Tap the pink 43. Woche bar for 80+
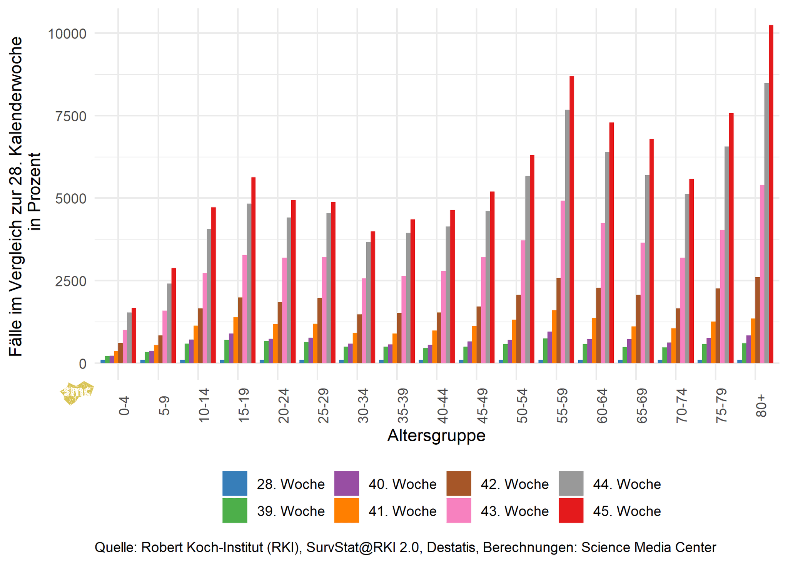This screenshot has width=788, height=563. pos(762,274)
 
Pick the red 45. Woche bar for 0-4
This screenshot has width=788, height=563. pos(134,335)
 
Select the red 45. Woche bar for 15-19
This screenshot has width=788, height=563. pos(254,270)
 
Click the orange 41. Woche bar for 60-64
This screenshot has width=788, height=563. pos(594,340)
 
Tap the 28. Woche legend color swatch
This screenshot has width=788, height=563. pos(235,483)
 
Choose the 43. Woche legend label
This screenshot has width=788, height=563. pos(514,511)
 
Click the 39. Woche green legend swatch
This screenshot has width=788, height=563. pos(235,510)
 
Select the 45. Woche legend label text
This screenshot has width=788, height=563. pos(627,511)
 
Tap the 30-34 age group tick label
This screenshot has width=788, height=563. pos(363,406)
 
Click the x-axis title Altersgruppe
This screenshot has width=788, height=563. pos(436,436)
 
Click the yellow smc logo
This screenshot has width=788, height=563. pos(77,392)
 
